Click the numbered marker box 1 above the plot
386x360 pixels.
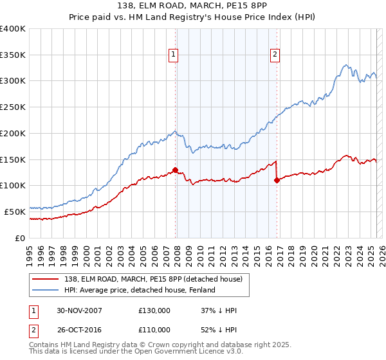tap(174, 55)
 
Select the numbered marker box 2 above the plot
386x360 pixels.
tap(275, 55)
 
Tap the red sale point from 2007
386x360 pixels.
tap(175, 170)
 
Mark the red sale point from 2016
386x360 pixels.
tap(277, 181)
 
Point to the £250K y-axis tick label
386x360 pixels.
tap(13, 107)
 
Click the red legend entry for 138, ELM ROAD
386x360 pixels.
tap(149, 279)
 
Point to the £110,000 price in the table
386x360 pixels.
tap(154, 329)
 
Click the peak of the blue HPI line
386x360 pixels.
tap(346, 64)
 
